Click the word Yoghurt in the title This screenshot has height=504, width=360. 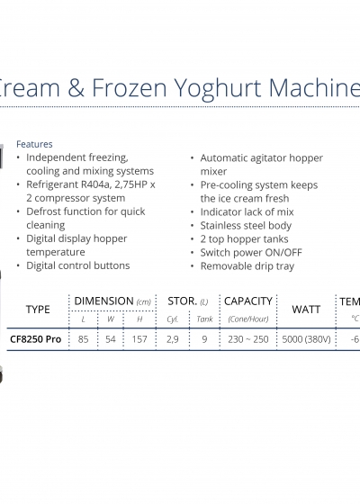click(x=218, y=89)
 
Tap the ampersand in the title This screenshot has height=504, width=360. click(x=76, y=87)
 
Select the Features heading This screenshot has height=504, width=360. click(x=34, y=144)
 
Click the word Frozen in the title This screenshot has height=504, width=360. click(x=130, y=87)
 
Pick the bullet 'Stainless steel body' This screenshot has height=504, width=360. click(x=246, y=226)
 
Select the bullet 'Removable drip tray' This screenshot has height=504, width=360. click(x=247, y=266)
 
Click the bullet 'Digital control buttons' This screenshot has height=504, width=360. click(x=78, y=265)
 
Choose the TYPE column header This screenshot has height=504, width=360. click(x=38, y=310)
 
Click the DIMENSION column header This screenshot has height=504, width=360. click(x=103, y=301)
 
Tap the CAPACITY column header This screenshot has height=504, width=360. click(x=248, y=301)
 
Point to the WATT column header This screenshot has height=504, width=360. click(x=306, y=310)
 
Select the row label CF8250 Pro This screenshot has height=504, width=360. click(x=36, y=339)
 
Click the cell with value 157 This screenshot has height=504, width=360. click(x=139, y=339)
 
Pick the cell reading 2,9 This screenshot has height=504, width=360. click(x=172, y=339)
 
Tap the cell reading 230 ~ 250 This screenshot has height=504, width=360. click(x=248, y=339)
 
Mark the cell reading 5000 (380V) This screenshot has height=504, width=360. click(x=306, y=339)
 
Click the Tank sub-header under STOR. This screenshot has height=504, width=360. click(x=205, y=319)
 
